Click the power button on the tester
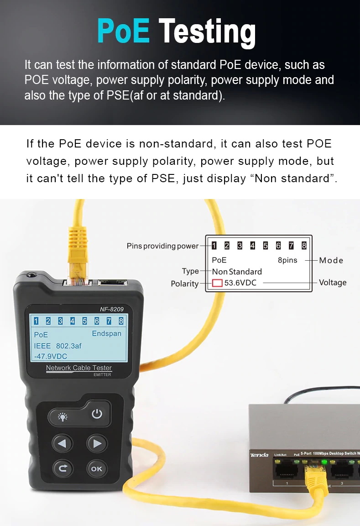[97, 414]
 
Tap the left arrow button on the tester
[63, 443]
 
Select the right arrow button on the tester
[97, 443]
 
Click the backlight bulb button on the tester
[63, 417]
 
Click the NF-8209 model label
[112, 309]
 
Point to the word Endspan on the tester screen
[107, 333]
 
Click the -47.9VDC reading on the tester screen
[51, 356]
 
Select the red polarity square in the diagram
[217, 283]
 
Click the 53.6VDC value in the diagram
[240, 283]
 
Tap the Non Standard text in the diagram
[237, 271]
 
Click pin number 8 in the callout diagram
[304, 246]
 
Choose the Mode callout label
[331, 260]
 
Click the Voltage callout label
[333, 283]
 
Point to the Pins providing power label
[162, 246]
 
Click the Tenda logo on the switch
[259, 455]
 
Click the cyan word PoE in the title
[123, 31]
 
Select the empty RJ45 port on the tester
[112, 283]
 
